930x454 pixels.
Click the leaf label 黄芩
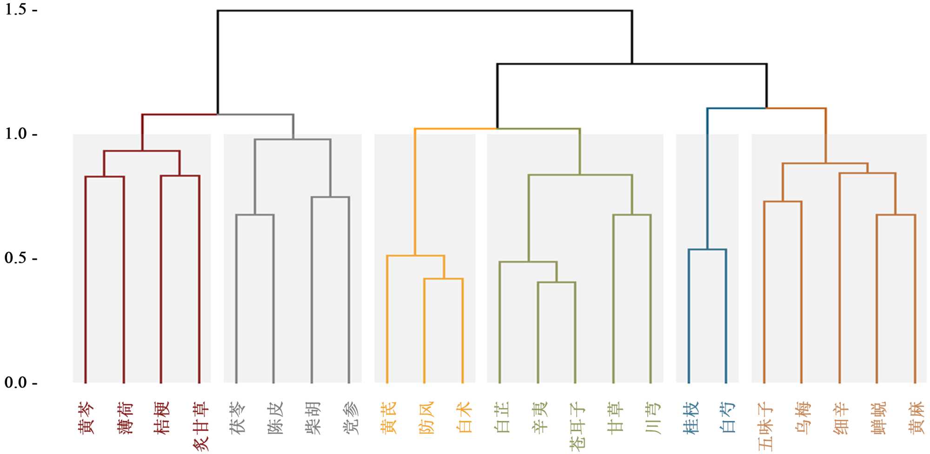(x=86, y=418)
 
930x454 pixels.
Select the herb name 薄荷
(x=125, y=418)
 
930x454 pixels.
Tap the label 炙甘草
(x=200, y=426)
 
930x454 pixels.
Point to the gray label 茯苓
(x=238, y=418)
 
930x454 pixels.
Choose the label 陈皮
(x=275, y=418)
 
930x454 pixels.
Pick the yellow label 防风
(x=426, y=418)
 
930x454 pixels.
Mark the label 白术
(x=464, y=418)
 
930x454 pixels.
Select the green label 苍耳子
(x=577, y=426)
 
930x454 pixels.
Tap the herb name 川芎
(x=653, y=418)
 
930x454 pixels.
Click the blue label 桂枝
(x=691, y=418)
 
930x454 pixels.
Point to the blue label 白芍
(x=728, y=418)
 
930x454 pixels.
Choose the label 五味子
(x=766, y=426)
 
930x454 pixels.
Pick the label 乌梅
(x=804, y=418)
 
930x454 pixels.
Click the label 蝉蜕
(x=879, y=418)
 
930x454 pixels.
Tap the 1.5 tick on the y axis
(x=16, y=10)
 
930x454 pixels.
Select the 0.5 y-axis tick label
(x=16, y=258)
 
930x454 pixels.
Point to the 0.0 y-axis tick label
(x=16, y=382)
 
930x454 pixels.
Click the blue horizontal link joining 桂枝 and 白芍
(x=707, y=250)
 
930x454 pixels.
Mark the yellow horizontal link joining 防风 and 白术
(x=443, y=279)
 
